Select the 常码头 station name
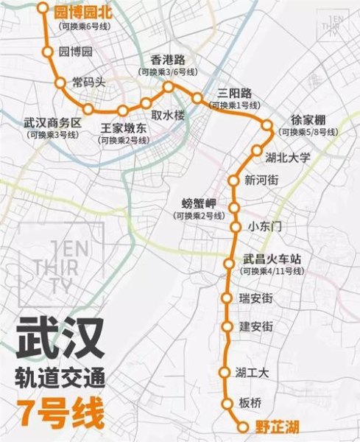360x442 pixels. (x=89, y=82)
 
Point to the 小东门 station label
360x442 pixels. (x=265, y=227)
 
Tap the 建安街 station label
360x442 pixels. (x=256, y=326)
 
